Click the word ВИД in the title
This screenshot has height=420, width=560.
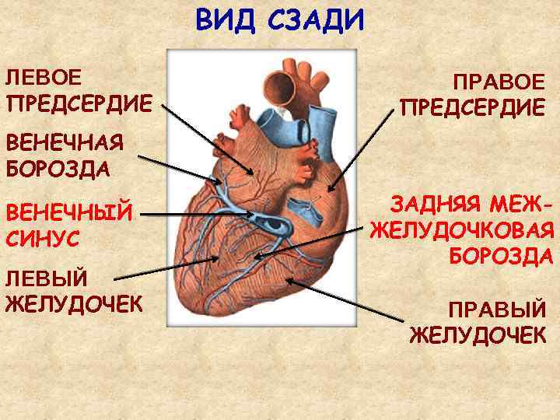pos(226,19)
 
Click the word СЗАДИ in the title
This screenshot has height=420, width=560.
pos(316,19)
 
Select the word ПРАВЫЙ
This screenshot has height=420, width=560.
pos(499,310)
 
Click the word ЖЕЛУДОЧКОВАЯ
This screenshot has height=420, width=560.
pos(463,231)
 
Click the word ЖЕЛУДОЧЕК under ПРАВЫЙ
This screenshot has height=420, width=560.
pos(478,335)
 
